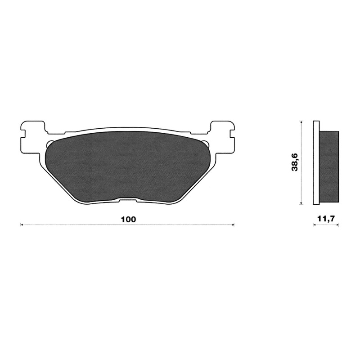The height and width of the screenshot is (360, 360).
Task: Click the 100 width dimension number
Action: (128, 220)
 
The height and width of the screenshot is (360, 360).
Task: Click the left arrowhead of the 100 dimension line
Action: (22, 224)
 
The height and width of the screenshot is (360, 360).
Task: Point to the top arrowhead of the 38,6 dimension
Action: (301, 122)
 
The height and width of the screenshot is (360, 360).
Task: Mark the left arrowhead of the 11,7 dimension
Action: (315, 225)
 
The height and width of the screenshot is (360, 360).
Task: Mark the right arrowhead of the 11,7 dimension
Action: (337, 225)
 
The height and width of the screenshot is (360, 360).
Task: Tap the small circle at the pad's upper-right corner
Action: (207, 144)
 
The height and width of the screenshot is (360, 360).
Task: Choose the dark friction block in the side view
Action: (329, 166)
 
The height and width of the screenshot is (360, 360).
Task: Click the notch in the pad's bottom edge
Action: (128, 201)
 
